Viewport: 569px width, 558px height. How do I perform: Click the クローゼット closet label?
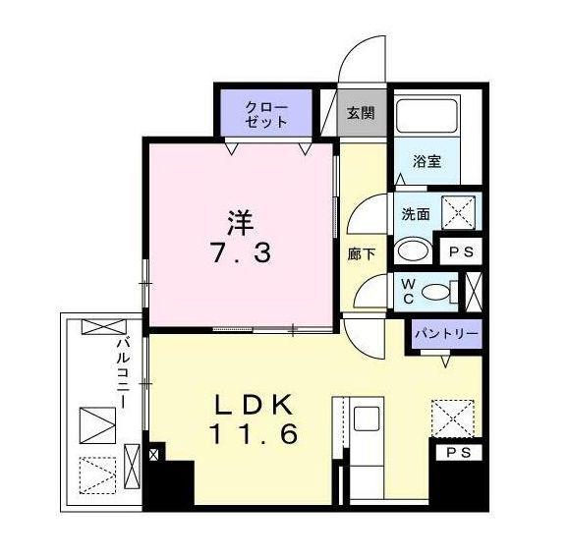click(267, 114)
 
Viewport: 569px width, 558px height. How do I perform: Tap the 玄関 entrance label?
click(361, 113)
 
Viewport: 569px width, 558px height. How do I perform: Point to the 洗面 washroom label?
click(414, 212)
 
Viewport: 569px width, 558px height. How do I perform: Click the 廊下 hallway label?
click(361, 252)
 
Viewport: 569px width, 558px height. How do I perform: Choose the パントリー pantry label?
click(446, 334)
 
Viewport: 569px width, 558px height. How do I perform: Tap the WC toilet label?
click(405, 292)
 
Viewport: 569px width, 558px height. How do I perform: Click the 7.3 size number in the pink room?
click(240, 252)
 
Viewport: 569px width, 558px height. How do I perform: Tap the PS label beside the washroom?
click(460, 251)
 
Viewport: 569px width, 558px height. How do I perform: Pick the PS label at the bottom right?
click(458, 453)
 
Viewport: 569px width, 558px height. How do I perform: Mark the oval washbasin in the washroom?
click(412, 251)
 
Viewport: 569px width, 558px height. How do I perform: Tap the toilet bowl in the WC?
click(447, 291)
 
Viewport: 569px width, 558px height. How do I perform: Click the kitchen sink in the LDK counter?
click(367, 418)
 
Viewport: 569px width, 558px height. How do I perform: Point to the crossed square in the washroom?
click(454, 212)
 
